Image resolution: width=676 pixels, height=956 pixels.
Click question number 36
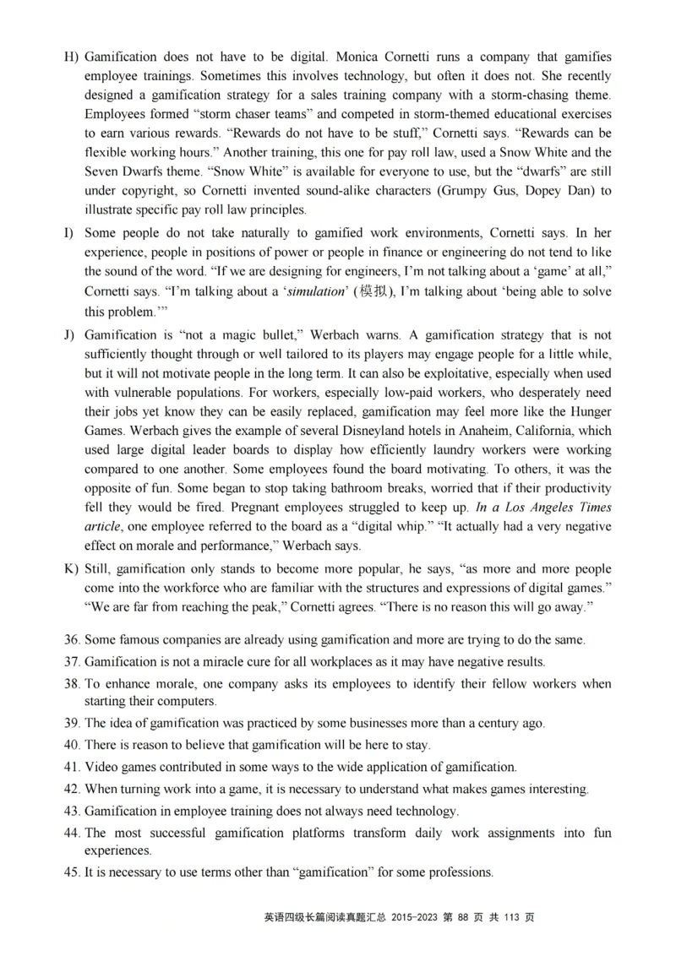click(72, 641)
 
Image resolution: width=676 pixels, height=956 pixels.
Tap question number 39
click(72, 724)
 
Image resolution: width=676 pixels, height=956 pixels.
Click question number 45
click(72, 871)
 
